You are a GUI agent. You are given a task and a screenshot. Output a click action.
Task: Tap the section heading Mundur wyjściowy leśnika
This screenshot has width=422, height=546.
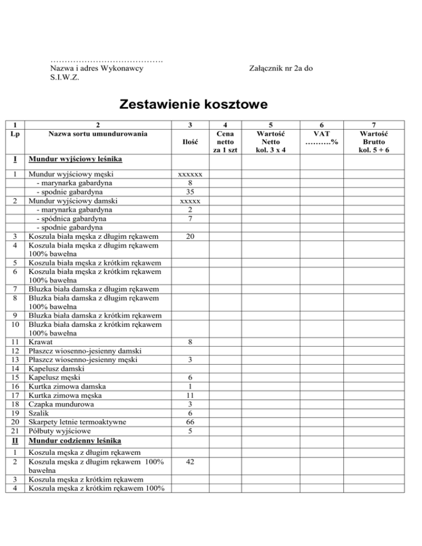click(75, 160)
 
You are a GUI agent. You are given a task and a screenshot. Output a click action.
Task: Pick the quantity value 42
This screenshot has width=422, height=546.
click(189, 463)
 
